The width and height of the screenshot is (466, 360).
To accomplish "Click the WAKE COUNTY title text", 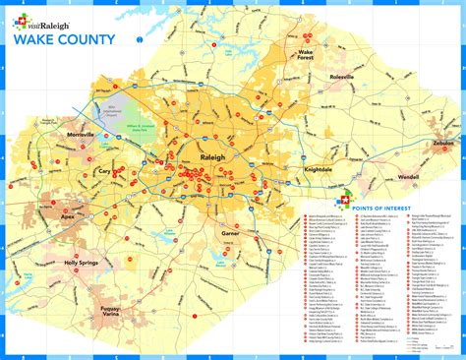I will [x=62, y=40].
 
